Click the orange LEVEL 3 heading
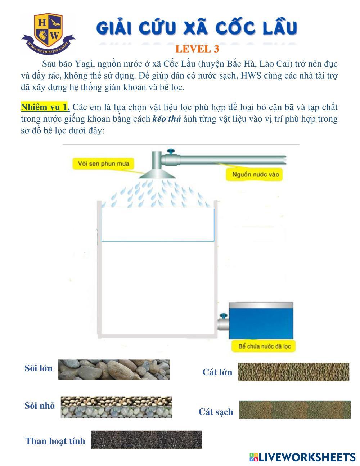tap(197, 49)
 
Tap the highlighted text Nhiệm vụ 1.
tap(45, 107)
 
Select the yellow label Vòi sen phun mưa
tap(103, 164)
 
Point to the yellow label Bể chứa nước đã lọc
tap(262, 347)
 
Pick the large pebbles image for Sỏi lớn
tap(113, 369)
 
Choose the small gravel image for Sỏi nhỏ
tap(116, 407)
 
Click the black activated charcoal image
tap(146, 440)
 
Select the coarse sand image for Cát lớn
tap(293, 372)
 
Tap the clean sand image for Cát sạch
tap(294, 410)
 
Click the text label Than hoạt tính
tap(55, 441)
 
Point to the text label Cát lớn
tap(217, 372)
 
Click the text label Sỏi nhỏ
tap(40, 406)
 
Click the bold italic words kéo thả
tap(167, 119)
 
